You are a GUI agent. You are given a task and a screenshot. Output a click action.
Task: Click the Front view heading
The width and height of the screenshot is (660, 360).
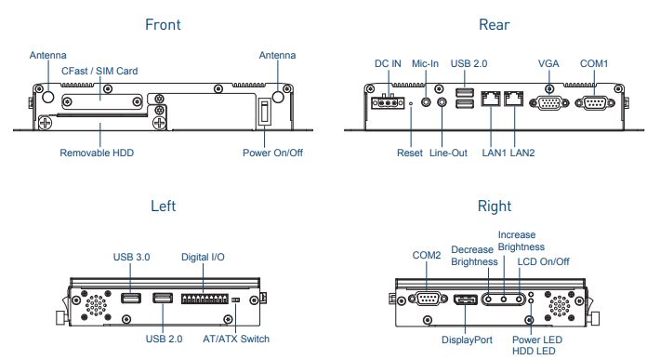click(163, 24)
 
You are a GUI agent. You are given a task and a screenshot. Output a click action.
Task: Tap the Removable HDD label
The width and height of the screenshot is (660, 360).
click(97, 153)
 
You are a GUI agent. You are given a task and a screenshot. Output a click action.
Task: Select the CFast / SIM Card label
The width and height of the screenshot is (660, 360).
click(99, 71)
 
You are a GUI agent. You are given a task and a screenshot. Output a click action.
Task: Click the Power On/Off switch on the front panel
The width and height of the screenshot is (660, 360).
click(264, 112)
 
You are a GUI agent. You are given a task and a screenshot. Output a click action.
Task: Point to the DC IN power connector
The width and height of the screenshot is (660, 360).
click(388, 102)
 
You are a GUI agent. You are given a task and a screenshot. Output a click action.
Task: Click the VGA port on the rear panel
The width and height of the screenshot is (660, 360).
click(548, 102)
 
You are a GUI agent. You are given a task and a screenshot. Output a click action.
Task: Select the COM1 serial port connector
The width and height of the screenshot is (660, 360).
click(594, 102)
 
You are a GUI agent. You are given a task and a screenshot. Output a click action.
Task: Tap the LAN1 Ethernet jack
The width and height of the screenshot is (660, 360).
click(491, 99)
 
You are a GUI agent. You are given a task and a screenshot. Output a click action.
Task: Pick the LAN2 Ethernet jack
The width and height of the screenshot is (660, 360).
click(513, 99)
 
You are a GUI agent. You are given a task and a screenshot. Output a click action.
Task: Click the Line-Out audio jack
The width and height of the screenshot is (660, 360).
click(442, 102)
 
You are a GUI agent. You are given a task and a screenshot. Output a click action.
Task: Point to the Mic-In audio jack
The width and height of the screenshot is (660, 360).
click(426, 102)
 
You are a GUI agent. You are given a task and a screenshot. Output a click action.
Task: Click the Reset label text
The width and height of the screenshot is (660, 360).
click(410, 153)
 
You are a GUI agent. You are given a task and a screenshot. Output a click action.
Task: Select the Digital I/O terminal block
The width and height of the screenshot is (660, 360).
click(205, 299)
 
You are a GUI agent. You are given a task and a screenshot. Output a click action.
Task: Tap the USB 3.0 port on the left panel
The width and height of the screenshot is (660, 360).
click(131, 298)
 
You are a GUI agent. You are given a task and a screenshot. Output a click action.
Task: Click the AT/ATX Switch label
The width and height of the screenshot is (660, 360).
click(236, 339)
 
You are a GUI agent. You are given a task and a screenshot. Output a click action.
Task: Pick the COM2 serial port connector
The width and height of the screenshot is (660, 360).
click(428, 299)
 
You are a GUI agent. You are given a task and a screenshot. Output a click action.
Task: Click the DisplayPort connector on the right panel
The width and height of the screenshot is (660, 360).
click(465, 300)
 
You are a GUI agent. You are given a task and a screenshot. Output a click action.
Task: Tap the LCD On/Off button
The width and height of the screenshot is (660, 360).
click(519, 300)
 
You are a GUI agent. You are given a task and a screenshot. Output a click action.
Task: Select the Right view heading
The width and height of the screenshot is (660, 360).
click(495, 206)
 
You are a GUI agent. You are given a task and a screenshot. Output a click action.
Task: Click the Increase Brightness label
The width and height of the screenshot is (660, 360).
click(521, 241)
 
